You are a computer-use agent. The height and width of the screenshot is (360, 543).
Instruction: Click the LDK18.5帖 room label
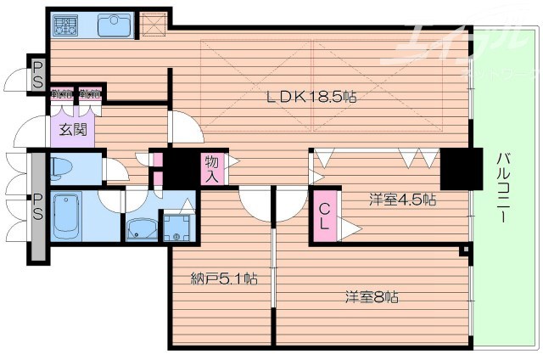point(312,97)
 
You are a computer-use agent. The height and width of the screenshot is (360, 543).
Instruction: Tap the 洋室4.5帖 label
point(402,200)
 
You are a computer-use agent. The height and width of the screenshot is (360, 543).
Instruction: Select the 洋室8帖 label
point(372,297)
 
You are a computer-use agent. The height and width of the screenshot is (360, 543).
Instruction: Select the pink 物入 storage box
point(212,169)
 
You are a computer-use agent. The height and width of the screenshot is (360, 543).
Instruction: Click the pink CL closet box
point(325,217)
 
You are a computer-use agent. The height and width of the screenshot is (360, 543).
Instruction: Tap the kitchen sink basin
point(113,25)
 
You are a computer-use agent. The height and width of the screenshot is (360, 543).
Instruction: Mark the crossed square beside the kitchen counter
point(153,23)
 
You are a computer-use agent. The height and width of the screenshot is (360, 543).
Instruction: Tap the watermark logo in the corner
point(458,42)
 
